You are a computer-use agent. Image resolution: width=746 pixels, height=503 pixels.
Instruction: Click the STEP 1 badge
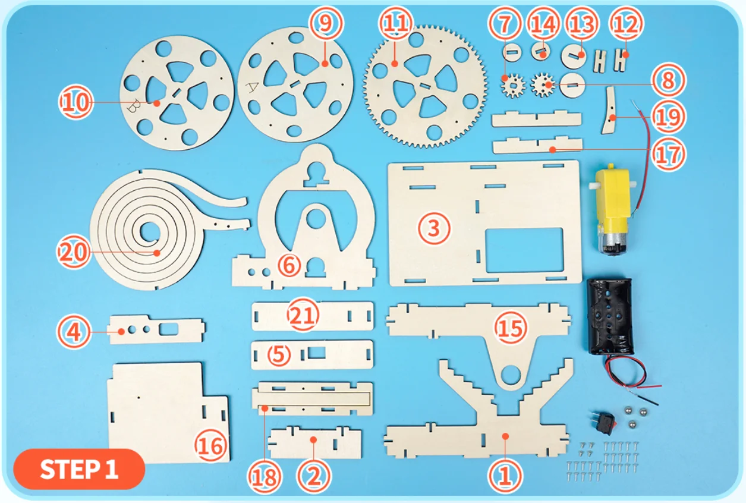78,469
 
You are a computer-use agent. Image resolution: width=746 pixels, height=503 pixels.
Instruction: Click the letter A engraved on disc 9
253,87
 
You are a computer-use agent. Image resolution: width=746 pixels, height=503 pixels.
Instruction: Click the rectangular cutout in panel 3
524,249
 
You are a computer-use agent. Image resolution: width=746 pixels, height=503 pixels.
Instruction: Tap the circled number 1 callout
505,476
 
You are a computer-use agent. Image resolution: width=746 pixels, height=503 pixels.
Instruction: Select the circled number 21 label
304,315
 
